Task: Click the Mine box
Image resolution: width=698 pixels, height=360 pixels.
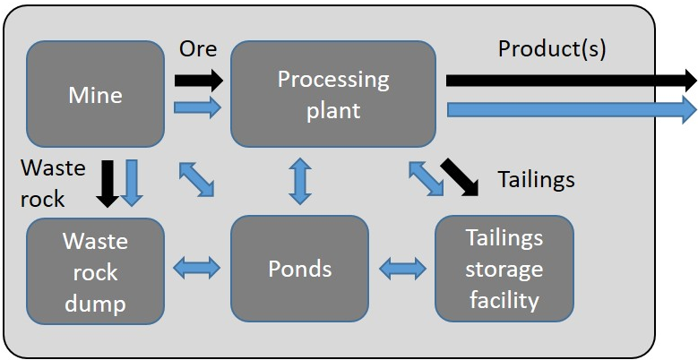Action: click(95, 94)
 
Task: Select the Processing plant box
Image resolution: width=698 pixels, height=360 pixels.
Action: click(333, 94)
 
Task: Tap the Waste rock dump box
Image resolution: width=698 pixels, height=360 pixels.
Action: click(95, 270)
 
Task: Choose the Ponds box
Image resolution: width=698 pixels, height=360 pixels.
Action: click(299, 270)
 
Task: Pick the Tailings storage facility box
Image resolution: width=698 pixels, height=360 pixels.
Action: click(504, 270)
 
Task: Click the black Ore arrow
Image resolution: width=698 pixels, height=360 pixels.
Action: click(198, 81)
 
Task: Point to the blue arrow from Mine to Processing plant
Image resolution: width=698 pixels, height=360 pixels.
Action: click(198, 108)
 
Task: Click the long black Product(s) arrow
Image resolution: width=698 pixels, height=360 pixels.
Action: click(570, 81)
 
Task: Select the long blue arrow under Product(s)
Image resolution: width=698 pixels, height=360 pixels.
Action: click(570, 109)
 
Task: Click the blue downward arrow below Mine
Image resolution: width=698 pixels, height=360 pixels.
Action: click(133, 182)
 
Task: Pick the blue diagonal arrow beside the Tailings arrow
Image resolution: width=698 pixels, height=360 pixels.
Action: click(425, 176)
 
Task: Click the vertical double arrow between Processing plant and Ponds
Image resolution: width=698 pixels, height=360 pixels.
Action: click(300, 180)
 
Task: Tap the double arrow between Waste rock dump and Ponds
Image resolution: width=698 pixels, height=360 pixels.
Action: click(197, 266)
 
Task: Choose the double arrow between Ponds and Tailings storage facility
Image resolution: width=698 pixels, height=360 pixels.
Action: click(402, 266)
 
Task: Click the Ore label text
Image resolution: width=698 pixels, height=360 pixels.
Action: click(198, 48)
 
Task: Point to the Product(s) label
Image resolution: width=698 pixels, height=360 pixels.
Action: click(552, 48)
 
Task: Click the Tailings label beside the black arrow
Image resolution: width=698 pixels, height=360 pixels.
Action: click(536, 179)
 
